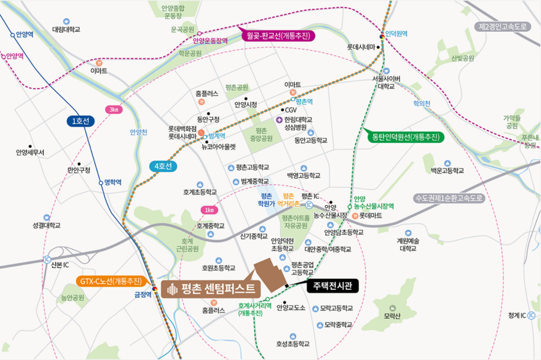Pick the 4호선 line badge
163,166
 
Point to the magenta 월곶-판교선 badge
278,35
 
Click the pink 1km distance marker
209,210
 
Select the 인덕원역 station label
397,33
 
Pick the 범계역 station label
218,136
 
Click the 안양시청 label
246,105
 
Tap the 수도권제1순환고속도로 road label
449,198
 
